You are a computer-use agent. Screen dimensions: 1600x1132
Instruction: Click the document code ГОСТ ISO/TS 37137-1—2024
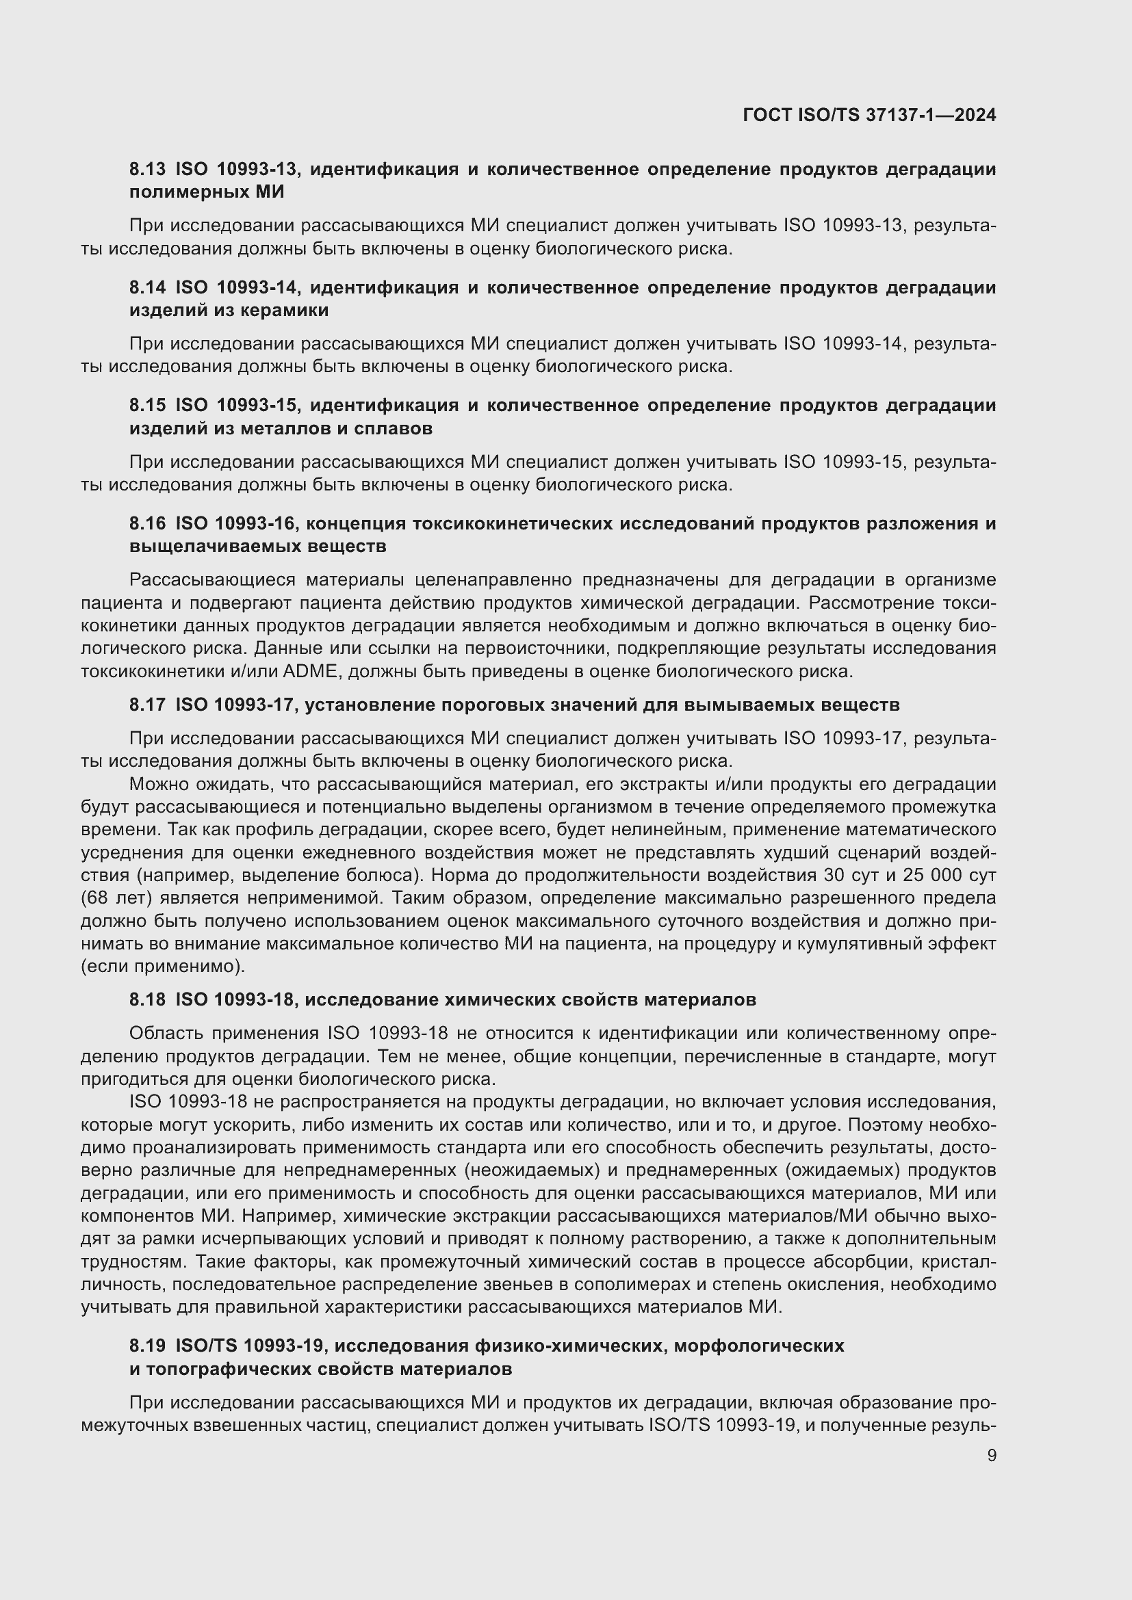[x=869, y=116]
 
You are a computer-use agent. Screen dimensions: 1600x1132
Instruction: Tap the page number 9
[x=991, y=1455]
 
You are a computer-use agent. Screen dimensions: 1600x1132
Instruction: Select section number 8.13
[x=148, y=169]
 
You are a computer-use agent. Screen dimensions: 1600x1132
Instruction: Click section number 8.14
[x=148, y=287]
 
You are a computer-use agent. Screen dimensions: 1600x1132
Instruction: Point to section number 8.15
[x=148, y=405]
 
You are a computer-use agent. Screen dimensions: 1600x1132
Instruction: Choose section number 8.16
[x=148, y=523]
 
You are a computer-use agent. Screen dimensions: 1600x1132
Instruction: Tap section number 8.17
[x=148, y=705]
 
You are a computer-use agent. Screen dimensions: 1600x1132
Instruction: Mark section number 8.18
[x=148, y=999]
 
